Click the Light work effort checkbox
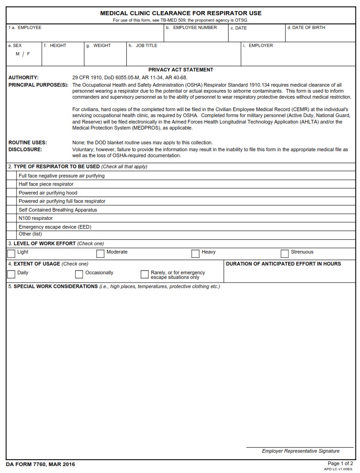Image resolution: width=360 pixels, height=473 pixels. tap(11, 254)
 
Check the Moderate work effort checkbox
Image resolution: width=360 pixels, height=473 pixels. tap(100, 254)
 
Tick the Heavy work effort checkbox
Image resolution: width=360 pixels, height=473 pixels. tap(195, 254)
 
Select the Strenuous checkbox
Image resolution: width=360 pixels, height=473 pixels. tap(284, 254)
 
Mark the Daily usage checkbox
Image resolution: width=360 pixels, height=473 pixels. tap(11, 274)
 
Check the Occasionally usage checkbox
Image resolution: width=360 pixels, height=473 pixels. tap(79, 274)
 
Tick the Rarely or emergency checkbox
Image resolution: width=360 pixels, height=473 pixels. tap(144, 274)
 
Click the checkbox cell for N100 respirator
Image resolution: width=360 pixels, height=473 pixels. tap(11, 218)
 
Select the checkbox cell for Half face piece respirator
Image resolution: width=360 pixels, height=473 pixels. tap(11, 184)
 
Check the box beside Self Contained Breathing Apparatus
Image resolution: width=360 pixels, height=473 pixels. tap(11, 210)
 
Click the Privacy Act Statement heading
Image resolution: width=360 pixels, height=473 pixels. tap(181, 70)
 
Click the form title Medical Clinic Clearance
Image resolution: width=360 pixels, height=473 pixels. tap(181, 13)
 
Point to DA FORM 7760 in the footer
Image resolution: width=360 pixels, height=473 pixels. tap(41, 464)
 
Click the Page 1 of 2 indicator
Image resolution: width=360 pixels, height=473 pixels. tap(340, 463)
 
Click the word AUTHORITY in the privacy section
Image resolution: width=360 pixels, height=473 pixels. tap(24, 77)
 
